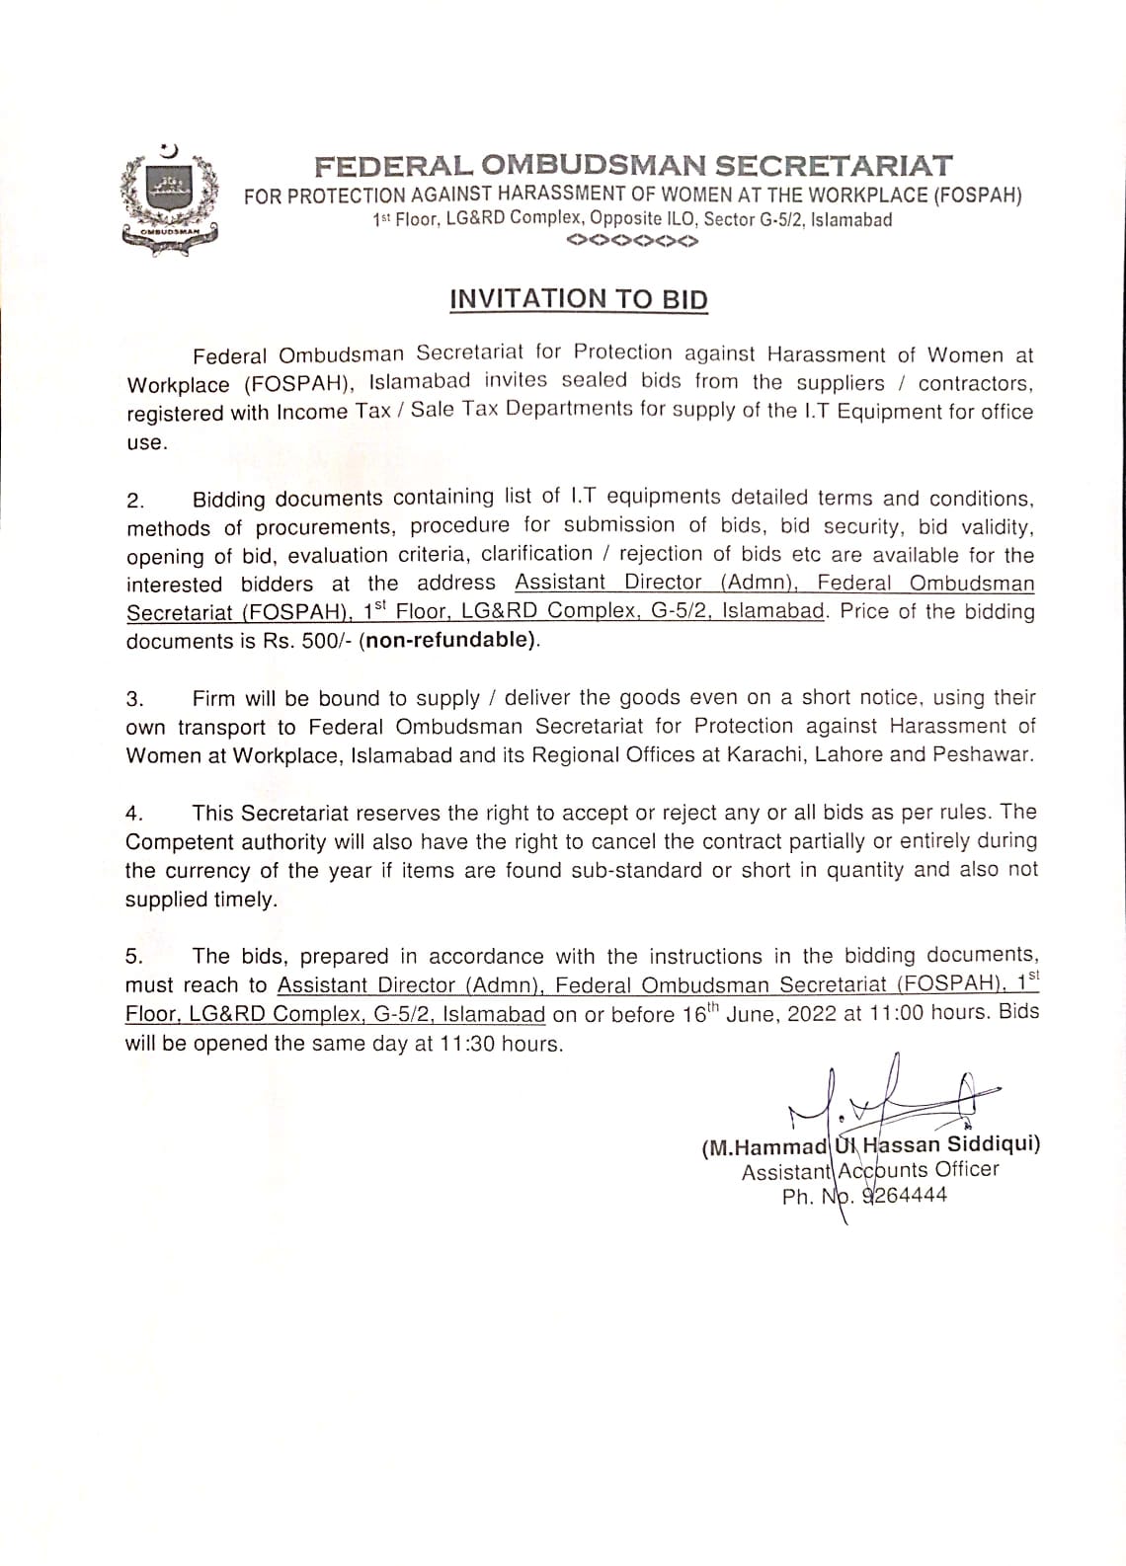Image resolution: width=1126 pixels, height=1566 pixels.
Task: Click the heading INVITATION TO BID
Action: (579, 299)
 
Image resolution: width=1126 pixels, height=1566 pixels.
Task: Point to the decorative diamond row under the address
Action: (633, 241)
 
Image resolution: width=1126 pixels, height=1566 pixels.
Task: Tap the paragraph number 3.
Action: (134, 700)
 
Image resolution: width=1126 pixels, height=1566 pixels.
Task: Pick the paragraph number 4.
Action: (134, 814)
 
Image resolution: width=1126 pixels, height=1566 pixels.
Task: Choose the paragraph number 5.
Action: (134, 957)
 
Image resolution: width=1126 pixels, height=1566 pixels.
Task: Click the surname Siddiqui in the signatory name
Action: (991, 1145)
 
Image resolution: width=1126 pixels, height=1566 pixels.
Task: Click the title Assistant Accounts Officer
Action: (870, 1171)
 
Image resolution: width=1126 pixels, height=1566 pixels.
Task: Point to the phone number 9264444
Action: (905, 1196)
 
